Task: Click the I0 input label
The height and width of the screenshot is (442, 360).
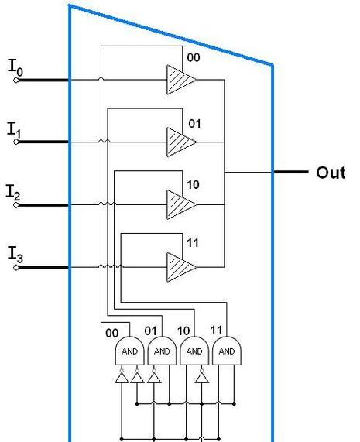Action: tap(15, 67)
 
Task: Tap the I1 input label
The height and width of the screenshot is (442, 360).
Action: tap(14, 130)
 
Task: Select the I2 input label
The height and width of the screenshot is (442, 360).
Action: tap(13, 192)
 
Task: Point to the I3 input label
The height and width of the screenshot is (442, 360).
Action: tap(15, 254)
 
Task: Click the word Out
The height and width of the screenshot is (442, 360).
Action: tap(331, 173)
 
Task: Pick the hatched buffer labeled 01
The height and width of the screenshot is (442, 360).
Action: tap(181, 142)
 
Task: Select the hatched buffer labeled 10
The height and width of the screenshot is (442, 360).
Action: tap(181, 204)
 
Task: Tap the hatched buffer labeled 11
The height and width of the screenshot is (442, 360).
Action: tap(181, 267)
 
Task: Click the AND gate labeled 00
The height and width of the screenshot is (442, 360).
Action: tap(130, 351)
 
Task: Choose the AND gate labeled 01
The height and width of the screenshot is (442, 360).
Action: tap(162, 351)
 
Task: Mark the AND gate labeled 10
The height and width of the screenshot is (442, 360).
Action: tap(194, 351)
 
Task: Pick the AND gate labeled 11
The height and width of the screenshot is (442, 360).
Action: tap(227, 351)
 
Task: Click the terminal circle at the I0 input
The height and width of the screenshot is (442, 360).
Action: tap(16, 81)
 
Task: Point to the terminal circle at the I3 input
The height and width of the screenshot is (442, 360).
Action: tap(16, 267)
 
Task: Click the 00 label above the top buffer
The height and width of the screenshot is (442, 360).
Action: tap(194, 57)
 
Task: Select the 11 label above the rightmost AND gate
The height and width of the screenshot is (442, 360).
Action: tap(216, 330)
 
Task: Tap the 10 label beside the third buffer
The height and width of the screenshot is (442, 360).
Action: tap(193, 185)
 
